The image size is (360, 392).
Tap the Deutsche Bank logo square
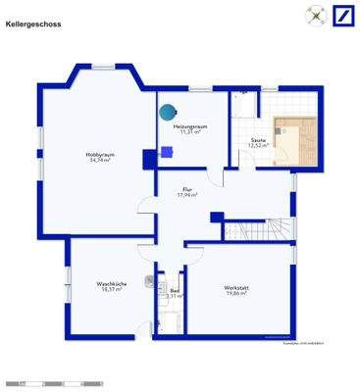[x=342, y=16]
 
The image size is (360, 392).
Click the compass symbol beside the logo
[x=316, y=16]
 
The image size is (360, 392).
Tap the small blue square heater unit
[x=168, y=151]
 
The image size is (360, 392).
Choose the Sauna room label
[x=258, y=141]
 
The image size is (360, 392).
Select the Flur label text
[x=186, y=190]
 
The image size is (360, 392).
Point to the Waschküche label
[x=108, y=284]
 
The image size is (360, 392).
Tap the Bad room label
[x=174, y=290]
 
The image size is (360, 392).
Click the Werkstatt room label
[x=236, y=287]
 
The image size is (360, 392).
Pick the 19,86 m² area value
[x=236, y=293]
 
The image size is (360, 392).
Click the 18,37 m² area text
[x=108, y=290]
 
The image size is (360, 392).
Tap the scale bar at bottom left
[x=39, y=381]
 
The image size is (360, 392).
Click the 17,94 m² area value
[x=186, y=196]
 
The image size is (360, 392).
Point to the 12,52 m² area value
[x=258, y=147]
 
